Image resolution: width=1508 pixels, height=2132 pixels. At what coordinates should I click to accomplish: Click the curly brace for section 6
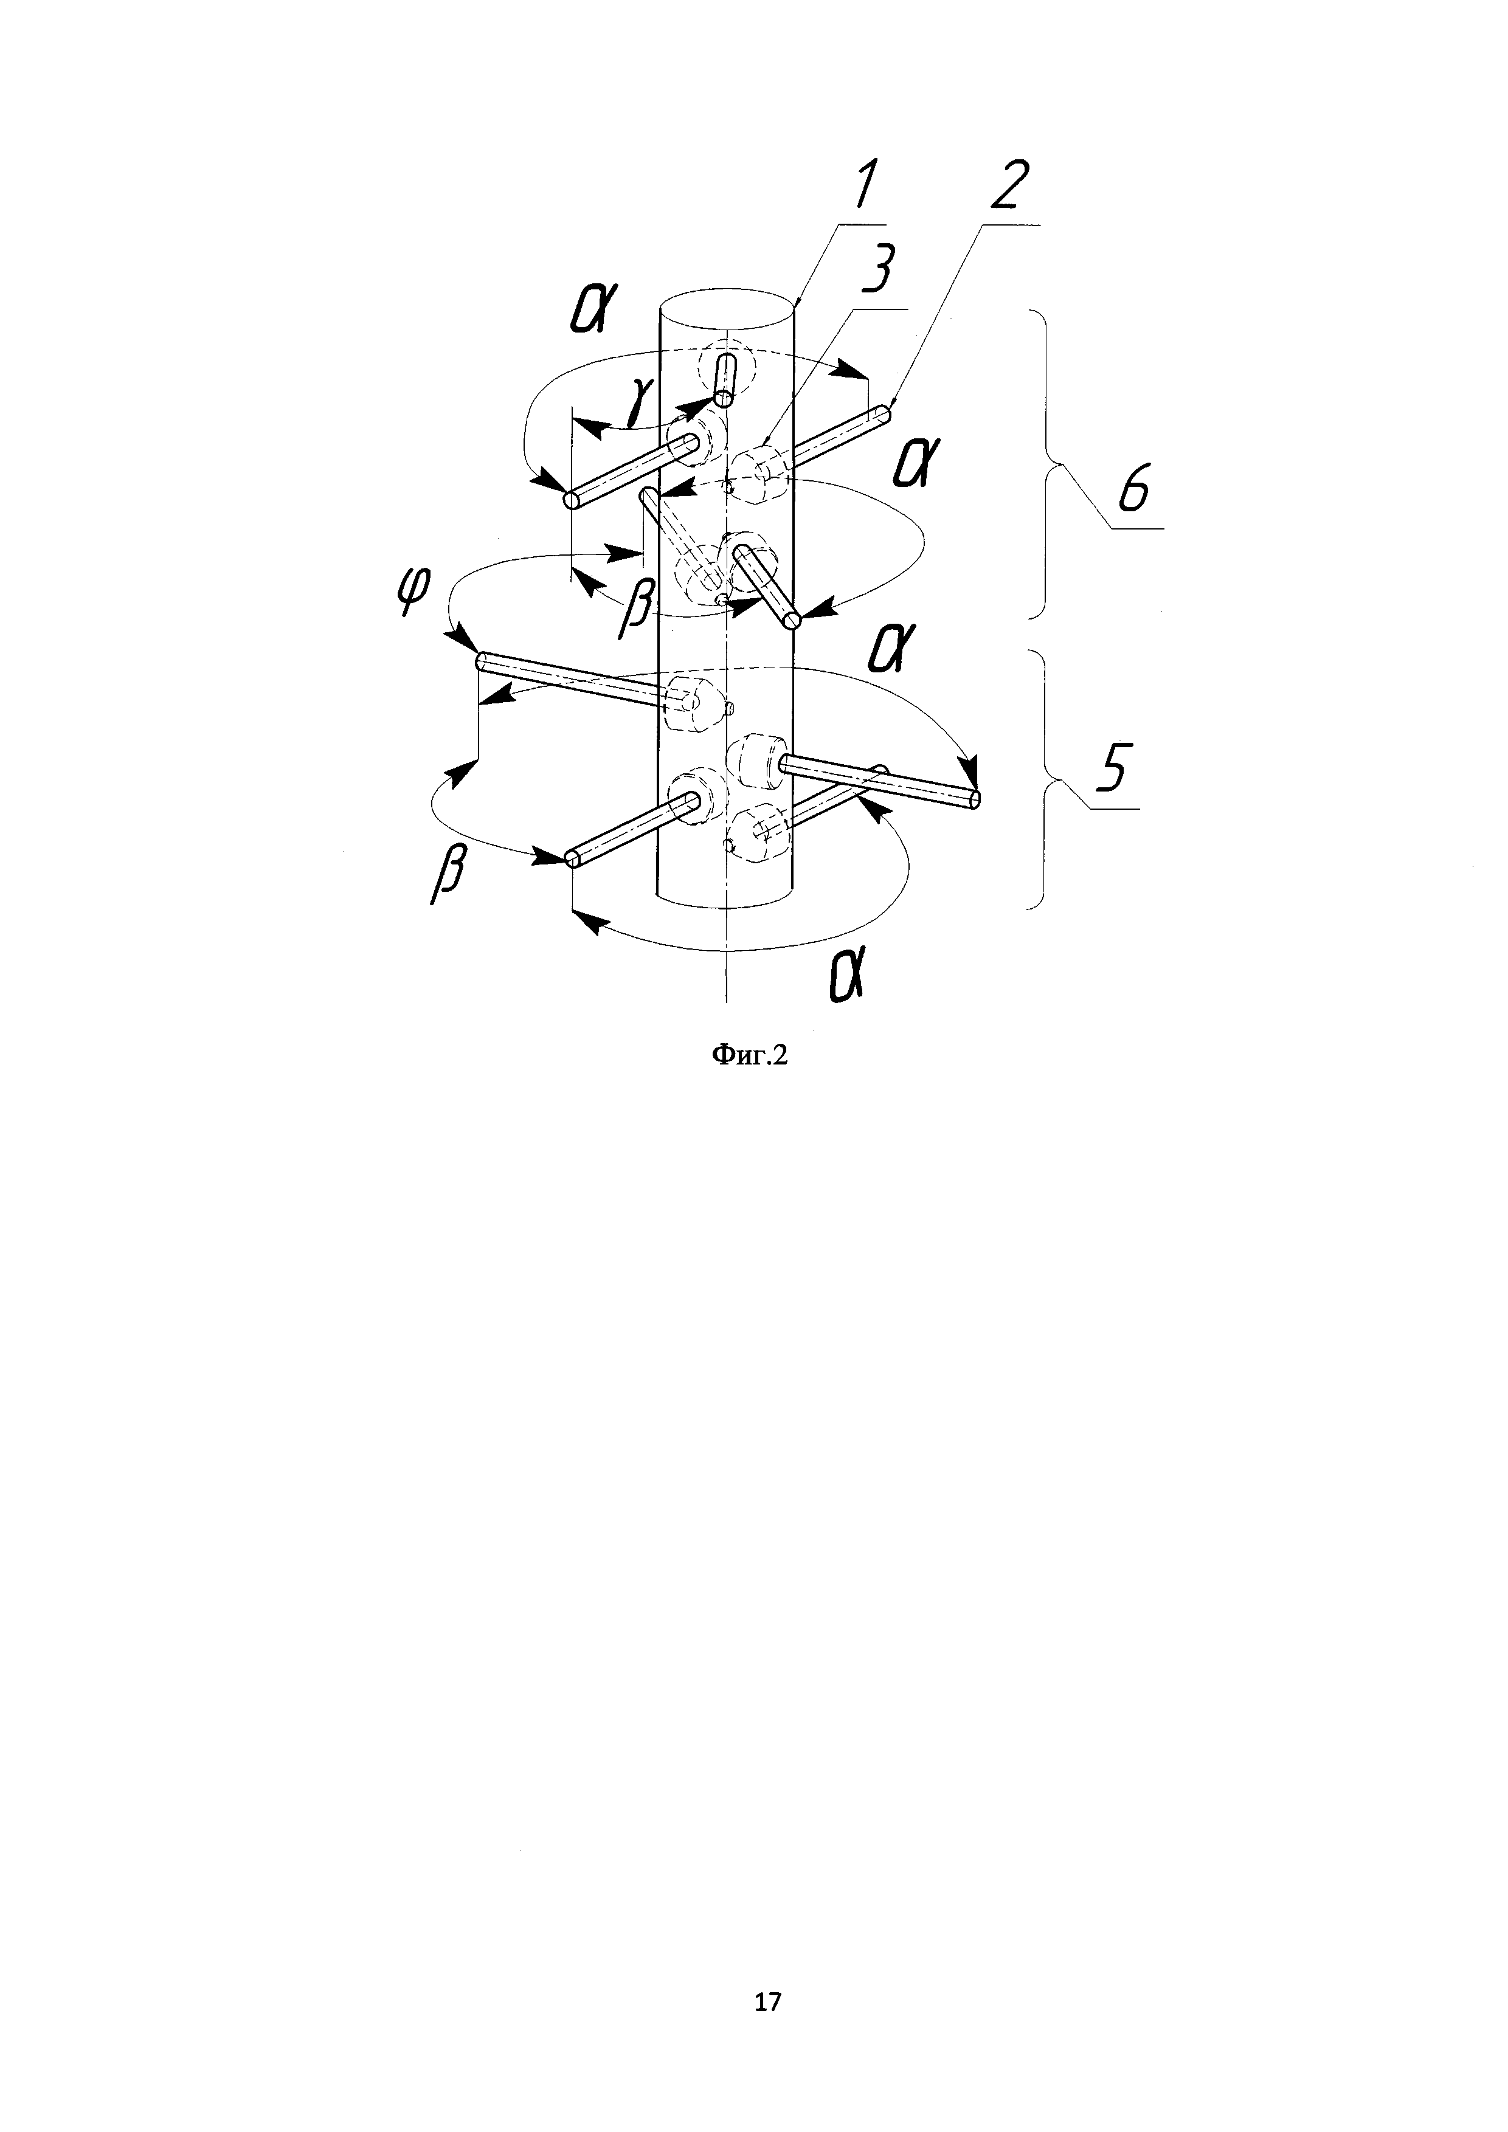click(1050, 464)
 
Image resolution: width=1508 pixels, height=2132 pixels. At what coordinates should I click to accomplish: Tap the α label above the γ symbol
click(590, 311)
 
